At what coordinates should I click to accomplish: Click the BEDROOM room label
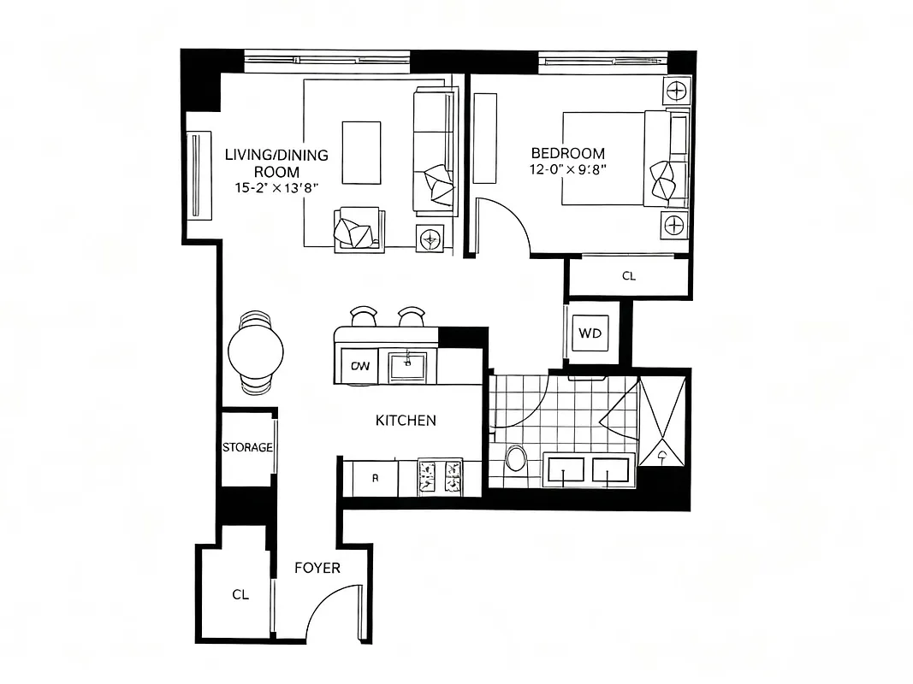568,154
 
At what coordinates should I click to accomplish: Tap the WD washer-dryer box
590,333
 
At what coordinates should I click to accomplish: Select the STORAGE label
247,447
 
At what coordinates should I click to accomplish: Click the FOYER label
317,568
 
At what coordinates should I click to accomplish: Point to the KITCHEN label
406,420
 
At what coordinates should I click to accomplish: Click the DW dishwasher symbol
361,367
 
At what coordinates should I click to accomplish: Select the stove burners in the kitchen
439,476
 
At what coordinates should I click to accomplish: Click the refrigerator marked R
373,478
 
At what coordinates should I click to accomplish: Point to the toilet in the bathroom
516,459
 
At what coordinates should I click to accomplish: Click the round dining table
256,351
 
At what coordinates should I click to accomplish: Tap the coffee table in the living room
361,152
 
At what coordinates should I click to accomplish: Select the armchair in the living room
358,228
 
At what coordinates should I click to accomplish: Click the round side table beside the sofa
430,238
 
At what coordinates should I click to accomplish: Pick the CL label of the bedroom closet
629,276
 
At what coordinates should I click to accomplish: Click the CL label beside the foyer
240,594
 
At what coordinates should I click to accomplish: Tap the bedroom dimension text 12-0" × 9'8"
568,169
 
